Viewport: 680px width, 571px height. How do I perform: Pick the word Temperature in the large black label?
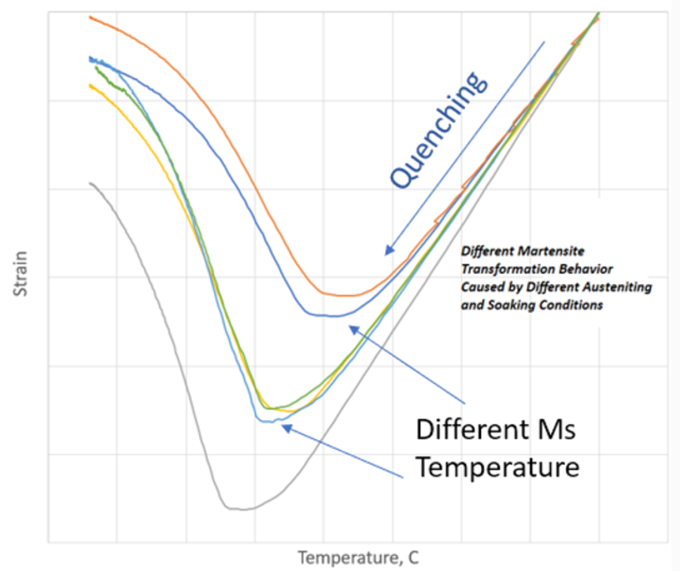(497, 467)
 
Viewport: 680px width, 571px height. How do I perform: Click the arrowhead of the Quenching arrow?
(386, 252)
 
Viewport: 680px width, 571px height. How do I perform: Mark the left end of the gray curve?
(91, 183)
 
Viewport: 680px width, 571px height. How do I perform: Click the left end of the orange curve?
(90, 17)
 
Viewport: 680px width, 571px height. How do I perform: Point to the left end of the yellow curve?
(90, 85)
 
